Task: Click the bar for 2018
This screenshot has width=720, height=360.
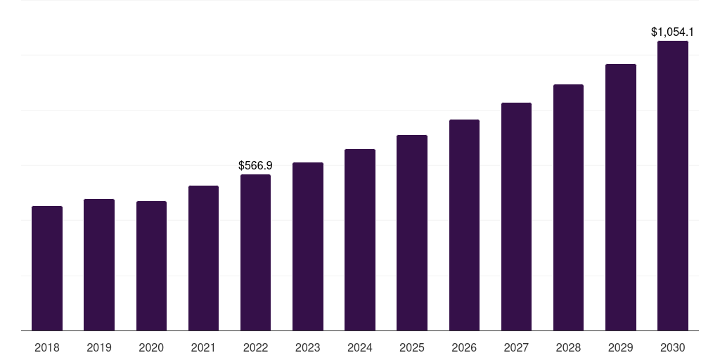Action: pyautogui.click(x=47, y=268)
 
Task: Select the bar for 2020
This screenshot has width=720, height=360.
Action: pyautogui.click(x=151, y=266)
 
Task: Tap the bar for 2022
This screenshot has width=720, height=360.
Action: pyautogui.click(x=255, y=252)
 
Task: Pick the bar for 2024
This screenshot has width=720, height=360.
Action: pyautogui.click(x=360, y=240)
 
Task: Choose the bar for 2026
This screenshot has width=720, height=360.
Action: pyautogui.click(x=464, y=225)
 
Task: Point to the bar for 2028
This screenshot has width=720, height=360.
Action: pyautogui.click(x=568, y=207)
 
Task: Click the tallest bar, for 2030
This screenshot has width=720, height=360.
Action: pyautogui.click(x=673, y=186)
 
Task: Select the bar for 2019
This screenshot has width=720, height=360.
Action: pyautogui.click(x=99, y=264)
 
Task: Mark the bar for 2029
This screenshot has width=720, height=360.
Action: pyautogui.click(x=621, y=197)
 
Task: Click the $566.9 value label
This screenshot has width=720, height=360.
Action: pyautogui.click(x=255, y=166)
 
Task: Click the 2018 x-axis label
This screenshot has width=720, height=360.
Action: pyautogui.click(x=47, y=347)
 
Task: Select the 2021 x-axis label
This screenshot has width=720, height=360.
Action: pyautogui.click(x=203, y=347)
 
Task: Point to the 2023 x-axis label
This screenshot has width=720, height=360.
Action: pyautogui.click(x=307, y=347)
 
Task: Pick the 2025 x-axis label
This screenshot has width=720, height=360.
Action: pyautogui.click(x=412, y=347)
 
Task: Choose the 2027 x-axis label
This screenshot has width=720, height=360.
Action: pyautogui.click(x=516, y=347)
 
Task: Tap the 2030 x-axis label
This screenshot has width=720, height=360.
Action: pyautogui.click(x=673, y=347)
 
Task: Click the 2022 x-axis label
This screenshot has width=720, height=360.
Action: pyautogui.click(x=255, y=347)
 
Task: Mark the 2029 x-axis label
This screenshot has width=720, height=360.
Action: pyautogui.click(x=621, y=347)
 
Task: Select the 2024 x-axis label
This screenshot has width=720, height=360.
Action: pyautogui.click(x=360, y=347)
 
